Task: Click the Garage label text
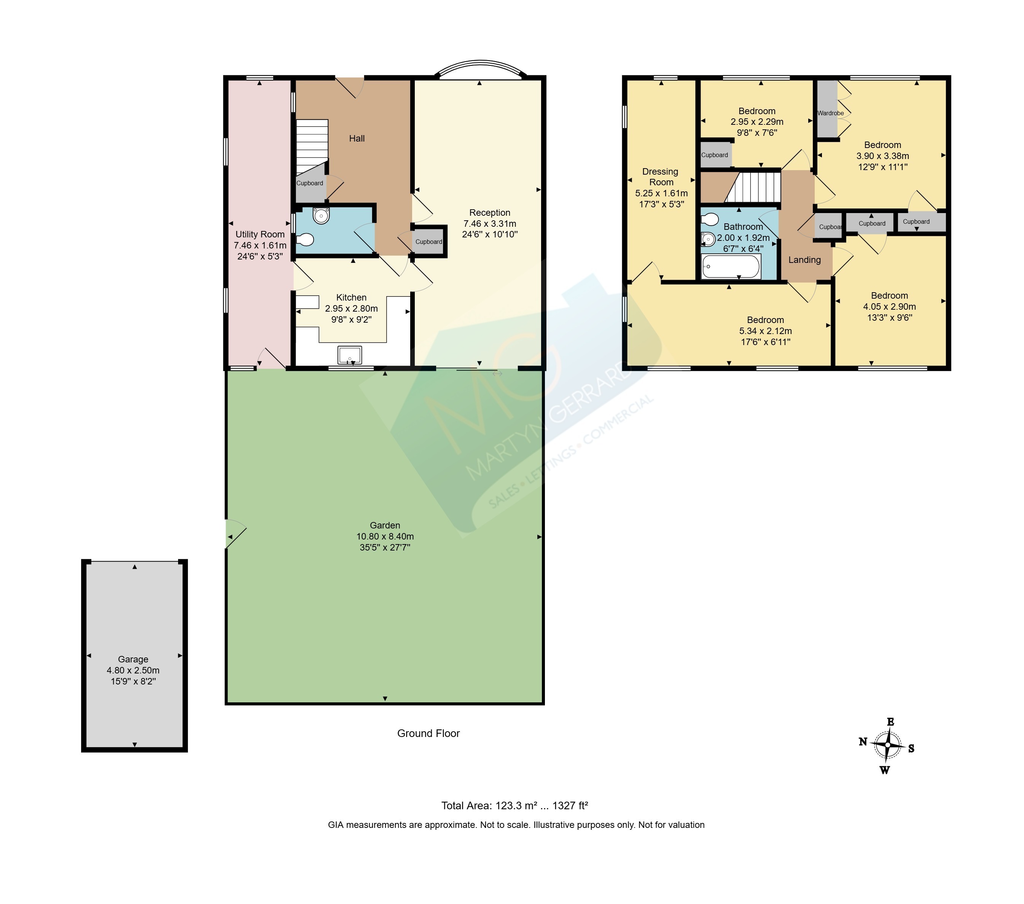click(133, 659)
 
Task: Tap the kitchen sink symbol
click(350, 355)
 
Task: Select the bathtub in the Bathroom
click(731, 266)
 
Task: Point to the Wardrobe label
click(831, 113)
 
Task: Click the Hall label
click(357, 138)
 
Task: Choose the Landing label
click(804, 259)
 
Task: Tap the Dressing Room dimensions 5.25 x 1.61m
click(661, 193)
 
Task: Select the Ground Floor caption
click(428, 733)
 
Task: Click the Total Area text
click(514, 805)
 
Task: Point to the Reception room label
click(489, 212)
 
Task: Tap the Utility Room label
click(260, 234)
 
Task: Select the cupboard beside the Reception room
click(429, 241)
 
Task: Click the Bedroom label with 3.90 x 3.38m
click(882, 145)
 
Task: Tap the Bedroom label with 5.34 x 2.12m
click(766, 320)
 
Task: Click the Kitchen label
click(351, 298)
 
